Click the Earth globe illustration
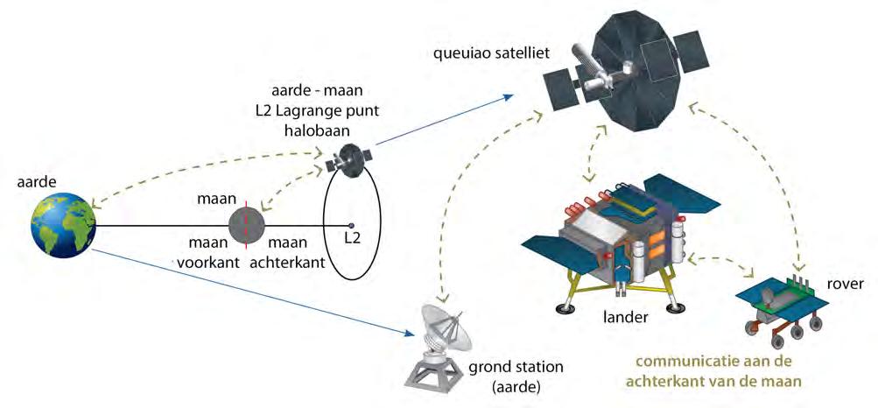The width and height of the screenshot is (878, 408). pos(60,226)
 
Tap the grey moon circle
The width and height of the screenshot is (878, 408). pos(246,226)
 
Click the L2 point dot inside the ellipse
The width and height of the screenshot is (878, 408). pos(351,224)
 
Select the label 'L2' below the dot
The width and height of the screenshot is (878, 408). pos(352,238)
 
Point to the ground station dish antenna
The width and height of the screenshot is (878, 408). pos(443,327)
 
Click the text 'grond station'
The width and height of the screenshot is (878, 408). pos(516,367)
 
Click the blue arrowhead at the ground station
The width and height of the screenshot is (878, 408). pos(408,332)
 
